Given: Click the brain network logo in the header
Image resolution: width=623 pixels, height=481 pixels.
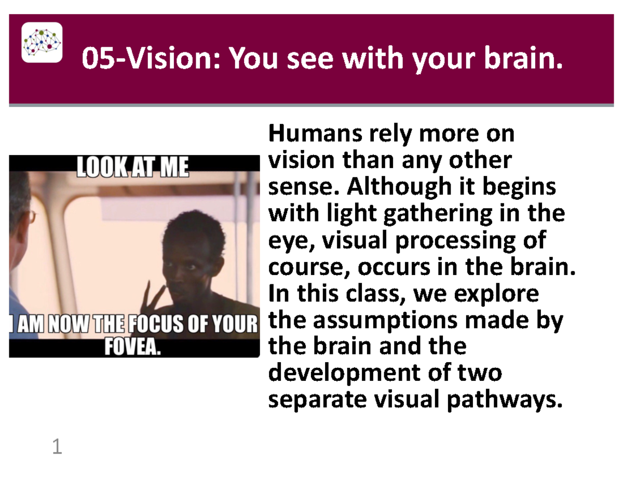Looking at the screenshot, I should [42, 42].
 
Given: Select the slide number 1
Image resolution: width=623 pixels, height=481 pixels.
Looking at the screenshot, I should [57, 447].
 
